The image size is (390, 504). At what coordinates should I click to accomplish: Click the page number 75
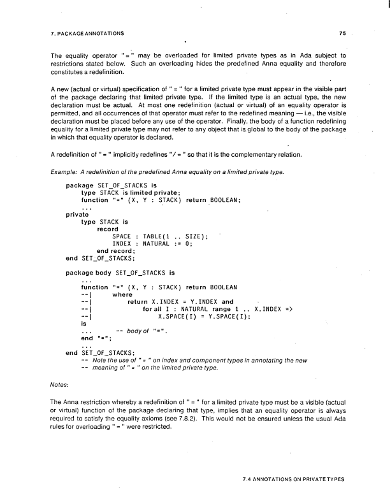[x=343, y=31]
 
